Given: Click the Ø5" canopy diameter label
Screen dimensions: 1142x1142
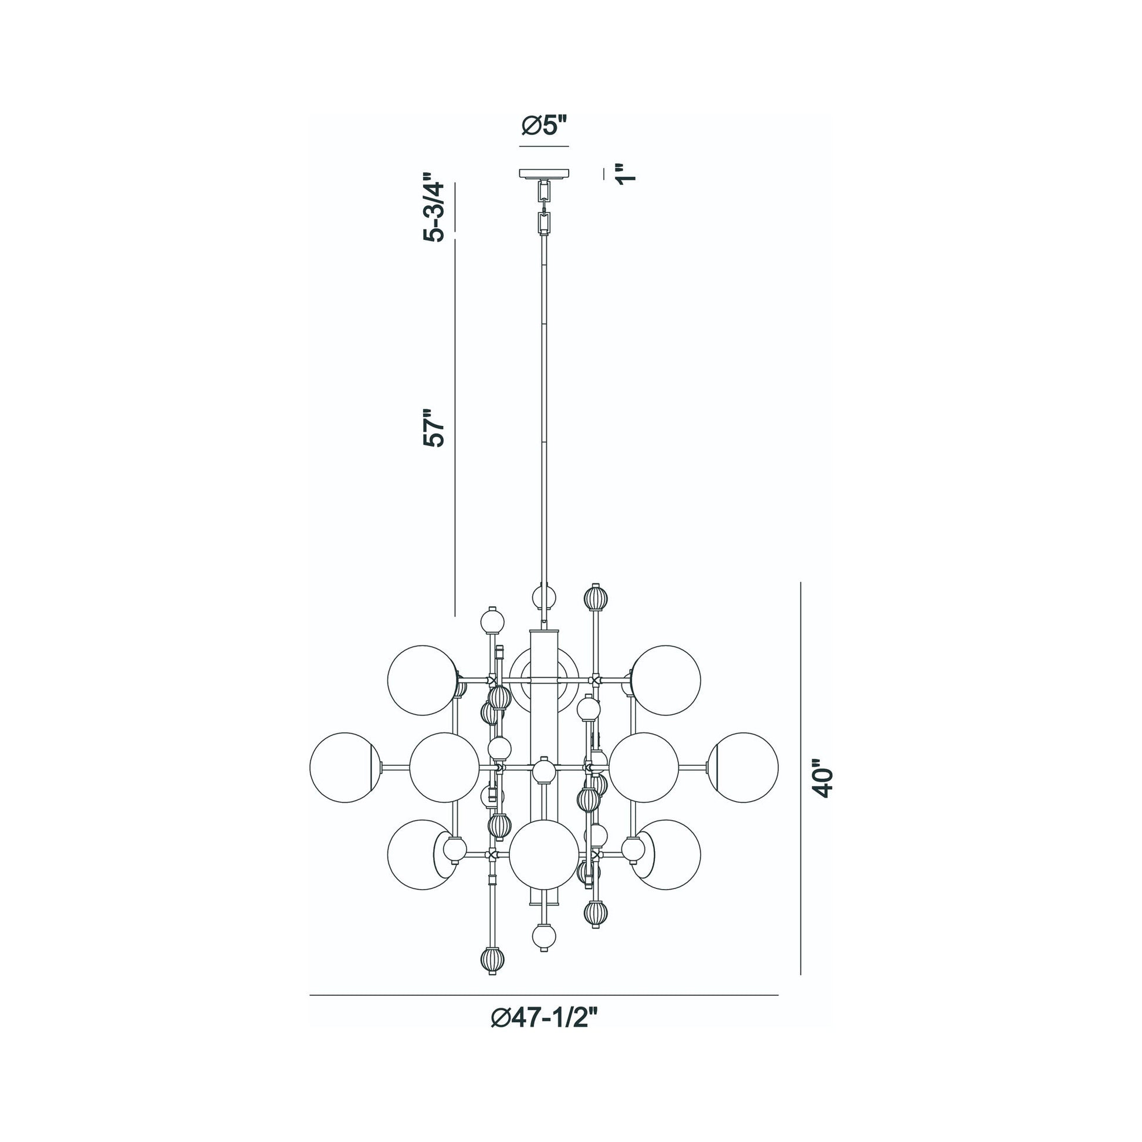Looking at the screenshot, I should pyautogui.click(x=544, y=126).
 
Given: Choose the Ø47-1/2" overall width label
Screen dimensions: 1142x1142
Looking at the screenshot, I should pyautogui.click(x=545, y=1035).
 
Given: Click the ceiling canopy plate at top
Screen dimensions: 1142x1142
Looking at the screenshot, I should pyautogui.click(x=544, y=174).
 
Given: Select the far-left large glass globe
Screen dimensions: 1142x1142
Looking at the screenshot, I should pyautogui.click(x=344, y=767).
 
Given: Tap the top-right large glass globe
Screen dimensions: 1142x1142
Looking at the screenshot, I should pyautogui.click(x=666, y=680).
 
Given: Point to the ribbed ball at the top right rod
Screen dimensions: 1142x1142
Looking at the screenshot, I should pyautogui.click(x=595, y=598).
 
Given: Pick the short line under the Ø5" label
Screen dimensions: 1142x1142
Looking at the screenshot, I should pyautogui.click(x=544, y=146).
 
